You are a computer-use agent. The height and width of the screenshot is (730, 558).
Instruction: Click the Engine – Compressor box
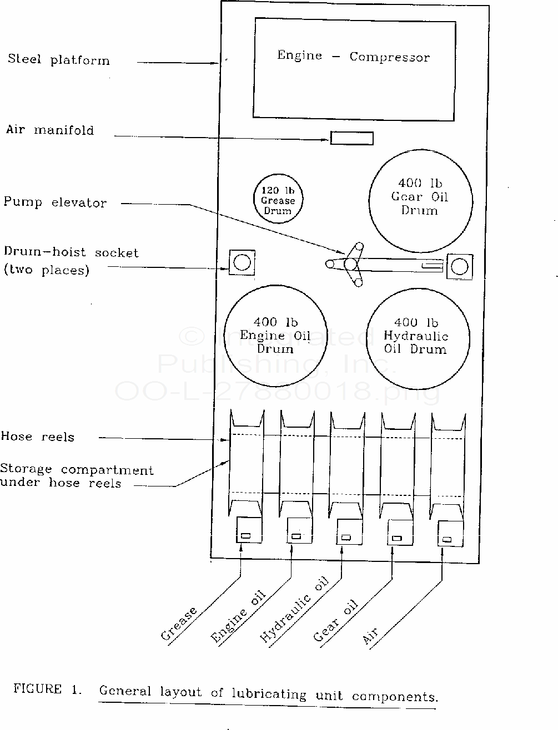coord(355,68)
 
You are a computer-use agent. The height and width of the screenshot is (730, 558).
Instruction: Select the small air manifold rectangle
coord(351,138)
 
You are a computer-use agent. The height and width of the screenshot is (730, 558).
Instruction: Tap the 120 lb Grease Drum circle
coord(278,200)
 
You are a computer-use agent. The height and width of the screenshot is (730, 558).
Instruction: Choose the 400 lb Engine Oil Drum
coord(275,338)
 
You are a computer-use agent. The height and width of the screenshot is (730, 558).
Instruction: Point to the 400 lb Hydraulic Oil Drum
coord(417,339)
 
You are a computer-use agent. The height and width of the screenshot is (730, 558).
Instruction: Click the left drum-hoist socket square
coord(242,262)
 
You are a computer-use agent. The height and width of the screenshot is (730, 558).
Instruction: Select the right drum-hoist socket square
coord(460,266)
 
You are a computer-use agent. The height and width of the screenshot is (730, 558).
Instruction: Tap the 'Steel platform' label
coord(58,59)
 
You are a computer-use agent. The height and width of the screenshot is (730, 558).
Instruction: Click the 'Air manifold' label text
coord(50,130)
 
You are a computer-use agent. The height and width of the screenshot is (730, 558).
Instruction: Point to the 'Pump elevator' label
coord(54,202)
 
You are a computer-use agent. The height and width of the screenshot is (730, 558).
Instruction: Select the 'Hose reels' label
coord(37,437)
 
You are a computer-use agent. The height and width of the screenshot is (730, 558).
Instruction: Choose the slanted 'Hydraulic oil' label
coord(294,610)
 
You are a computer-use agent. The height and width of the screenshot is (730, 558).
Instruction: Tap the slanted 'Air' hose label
coord(370,636)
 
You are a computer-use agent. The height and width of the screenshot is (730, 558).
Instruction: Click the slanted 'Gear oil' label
coord(335,621)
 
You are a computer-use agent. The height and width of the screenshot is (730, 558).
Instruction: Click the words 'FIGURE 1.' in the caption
coord(47,690)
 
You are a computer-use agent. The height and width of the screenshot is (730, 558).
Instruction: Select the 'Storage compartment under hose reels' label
coord(76,476)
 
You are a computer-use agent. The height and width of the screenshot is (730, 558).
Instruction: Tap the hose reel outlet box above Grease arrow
coord(249,530)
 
